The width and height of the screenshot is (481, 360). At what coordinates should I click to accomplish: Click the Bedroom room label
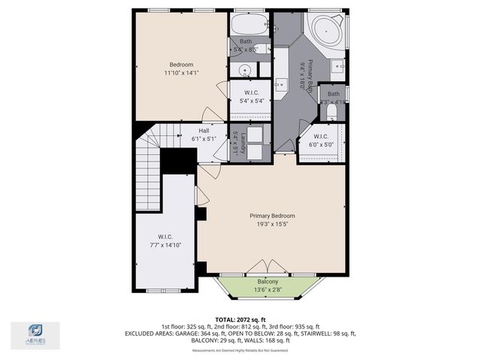tap(180, 65)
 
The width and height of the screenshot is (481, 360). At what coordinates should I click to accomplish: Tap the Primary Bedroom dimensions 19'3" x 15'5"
tap(272, 224)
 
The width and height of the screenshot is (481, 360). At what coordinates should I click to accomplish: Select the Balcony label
tap(271, 282)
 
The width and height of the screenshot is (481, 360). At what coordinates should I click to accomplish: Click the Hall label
tap(183, 131)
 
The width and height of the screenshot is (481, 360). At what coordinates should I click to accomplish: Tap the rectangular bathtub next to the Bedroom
tap(249, 24)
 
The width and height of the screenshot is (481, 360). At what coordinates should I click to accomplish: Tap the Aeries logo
tap(35, 334)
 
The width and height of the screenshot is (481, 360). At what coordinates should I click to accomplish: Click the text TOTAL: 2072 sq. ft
tap(240, 319)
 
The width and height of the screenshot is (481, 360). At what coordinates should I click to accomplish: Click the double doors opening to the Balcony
tap(269, 268)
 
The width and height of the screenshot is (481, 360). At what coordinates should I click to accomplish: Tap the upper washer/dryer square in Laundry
tap(256, 135)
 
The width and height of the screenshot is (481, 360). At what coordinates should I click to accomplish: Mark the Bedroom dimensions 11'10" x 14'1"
tap(180, 74)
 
